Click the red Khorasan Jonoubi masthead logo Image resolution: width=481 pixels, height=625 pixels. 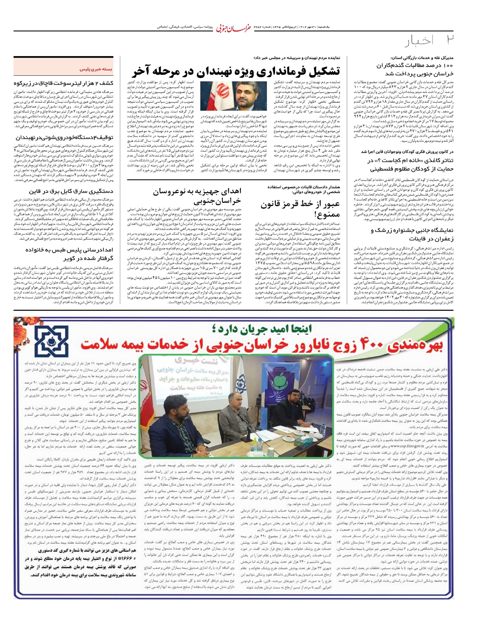click(232, 28)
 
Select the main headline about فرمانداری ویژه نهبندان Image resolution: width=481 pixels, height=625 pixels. click(236, 71)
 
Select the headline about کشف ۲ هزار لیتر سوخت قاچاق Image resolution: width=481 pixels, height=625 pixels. click(63, 83)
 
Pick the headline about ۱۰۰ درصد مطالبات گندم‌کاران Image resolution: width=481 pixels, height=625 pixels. click(414, 69)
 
